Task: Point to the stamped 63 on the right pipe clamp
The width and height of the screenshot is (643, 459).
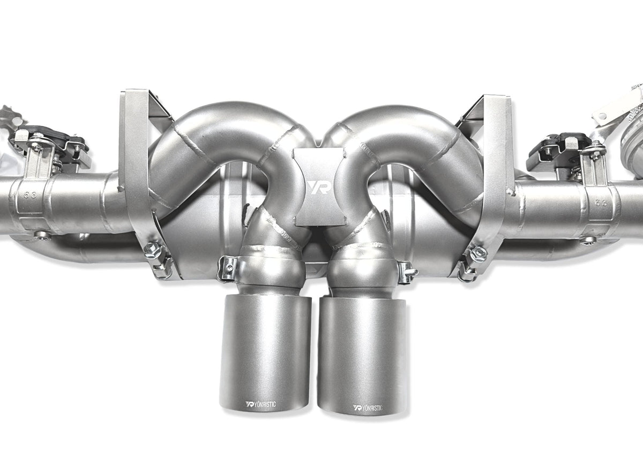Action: tap(600, 202)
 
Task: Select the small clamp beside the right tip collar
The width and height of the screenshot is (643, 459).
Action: tap(407, 271)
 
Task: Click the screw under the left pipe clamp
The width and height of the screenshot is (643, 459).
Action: tap(42, 235)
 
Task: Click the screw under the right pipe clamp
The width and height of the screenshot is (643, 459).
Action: tap(589, 240)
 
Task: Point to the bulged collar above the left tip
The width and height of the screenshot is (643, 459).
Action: tap(271, 268)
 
